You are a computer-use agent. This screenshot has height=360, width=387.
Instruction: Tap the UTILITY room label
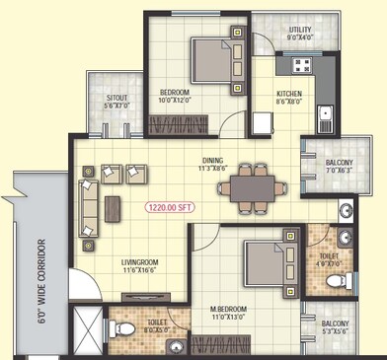point(300,31)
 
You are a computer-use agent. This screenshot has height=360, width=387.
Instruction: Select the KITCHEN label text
point(289,94)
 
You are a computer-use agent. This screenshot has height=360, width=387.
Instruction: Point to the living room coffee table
point(114,206)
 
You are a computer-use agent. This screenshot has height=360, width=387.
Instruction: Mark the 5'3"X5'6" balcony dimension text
point(334,330)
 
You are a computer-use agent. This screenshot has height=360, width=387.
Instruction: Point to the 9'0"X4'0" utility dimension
point(300,38)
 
